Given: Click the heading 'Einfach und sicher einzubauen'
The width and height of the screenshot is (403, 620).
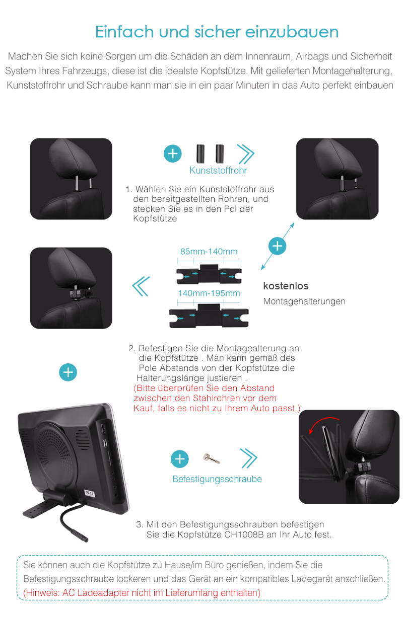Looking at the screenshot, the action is coord(217,32).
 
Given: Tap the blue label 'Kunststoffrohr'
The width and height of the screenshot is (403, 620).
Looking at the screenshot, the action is coord(218,170).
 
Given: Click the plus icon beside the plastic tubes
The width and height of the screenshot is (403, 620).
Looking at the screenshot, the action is coord(173,153).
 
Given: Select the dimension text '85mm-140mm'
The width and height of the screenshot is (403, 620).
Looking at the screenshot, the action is coord(209,251).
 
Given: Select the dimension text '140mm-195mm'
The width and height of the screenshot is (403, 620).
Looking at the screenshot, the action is coord(209,293).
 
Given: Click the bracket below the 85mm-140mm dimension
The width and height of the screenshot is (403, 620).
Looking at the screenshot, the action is coord(209,274).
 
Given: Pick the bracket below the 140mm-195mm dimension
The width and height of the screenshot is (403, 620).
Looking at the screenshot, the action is coord(209,316).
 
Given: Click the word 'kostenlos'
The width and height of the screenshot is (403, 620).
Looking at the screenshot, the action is coord(286,286).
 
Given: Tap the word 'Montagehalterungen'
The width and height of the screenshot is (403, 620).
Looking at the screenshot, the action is coord(304,301).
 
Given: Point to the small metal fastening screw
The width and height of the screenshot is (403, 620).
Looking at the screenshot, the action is coord(212,458).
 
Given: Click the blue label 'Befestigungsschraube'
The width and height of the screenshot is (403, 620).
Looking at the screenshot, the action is coord(217,479).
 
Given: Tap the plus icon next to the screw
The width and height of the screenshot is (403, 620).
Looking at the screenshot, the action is coord(180,459).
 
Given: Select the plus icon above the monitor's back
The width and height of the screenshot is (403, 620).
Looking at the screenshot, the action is coord(68,372).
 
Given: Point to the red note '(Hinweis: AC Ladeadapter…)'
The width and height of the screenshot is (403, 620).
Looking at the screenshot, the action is coord(142,593).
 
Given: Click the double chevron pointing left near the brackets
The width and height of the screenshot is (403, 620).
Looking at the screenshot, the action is coord(141,286).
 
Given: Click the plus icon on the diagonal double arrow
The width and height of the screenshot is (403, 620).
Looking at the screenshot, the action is coord(277,246).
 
